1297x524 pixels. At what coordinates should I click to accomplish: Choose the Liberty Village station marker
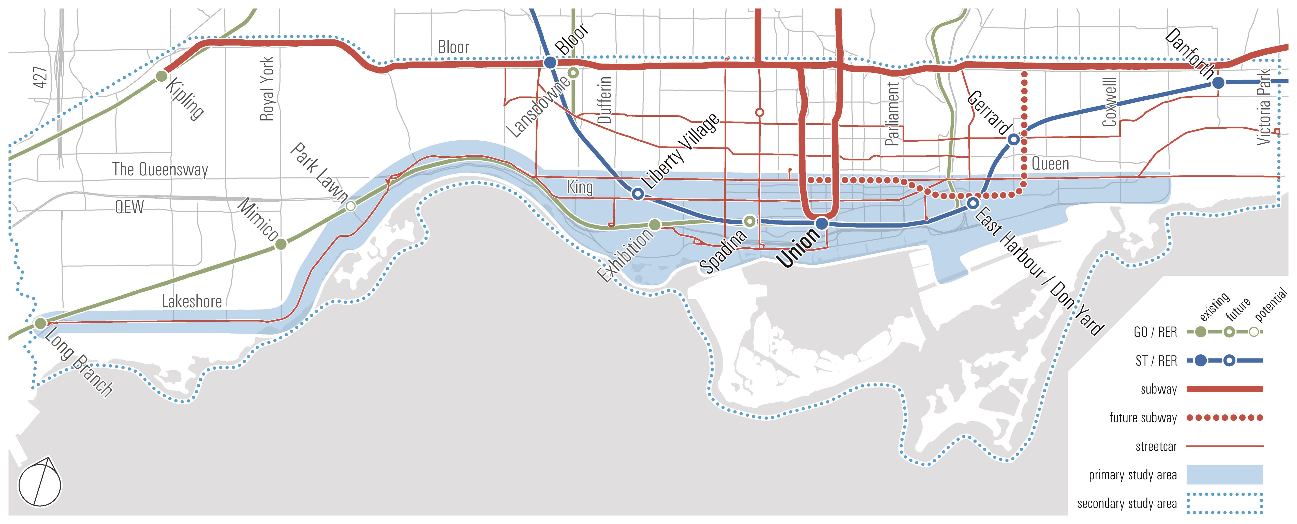pyautogui.click(x=638, y=194)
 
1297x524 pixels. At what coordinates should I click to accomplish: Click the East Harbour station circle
pyautogui.click(x=973, y=203)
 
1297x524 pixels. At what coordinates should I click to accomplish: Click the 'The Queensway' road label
pyautogui.click(x=160, y=169)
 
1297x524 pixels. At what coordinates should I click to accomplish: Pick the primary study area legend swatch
pyautogui.click(x=1225, y=475)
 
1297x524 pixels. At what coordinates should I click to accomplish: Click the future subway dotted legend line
pyautogui.click(x=1225, y=417)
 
